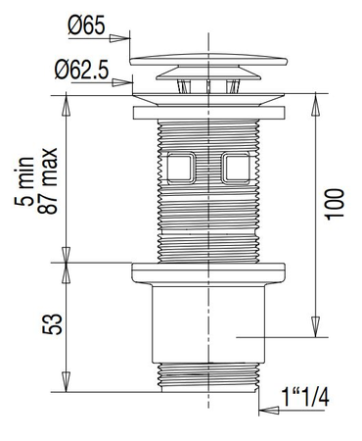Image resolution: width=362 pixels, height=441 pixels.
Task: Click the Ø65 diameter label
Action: [x=86, y=25]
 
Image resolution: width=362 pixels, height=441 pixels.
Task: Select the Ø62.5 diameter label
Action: [x=81, y=70]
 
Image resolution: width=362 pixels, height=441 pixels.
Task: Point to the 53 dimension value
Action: [x=52, y=324]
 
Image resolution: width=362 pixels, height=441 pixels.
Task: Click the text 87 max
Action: [x=48, y=180]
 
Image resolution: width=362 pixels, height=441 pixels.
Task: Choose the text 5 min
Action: [x=24, y=181]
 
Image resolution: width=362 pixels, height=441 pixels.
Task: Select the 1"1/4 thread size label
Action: [x=305, y=397]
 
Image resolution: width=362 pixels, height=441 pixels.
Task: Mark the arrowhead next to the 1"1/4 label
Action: [x=269, y=411]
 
